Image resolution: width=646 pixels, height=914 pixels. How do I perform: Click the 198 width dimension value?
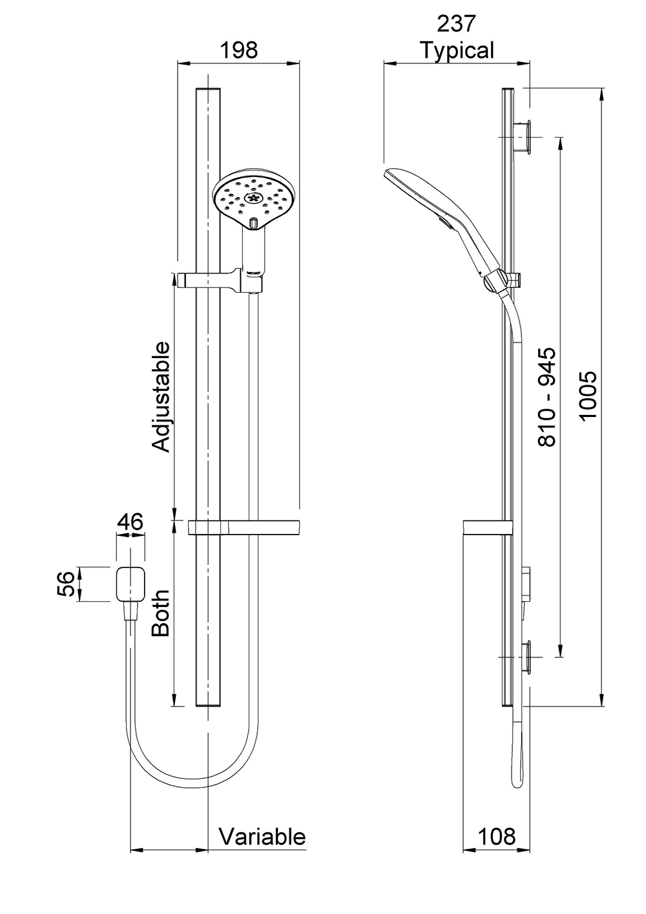tap(239, 50)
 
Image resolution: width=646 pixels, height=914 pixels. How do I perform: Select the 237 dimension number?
tap(457, 24)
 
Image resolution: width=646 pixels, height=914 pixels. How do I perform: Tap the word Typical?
tap(457, 50)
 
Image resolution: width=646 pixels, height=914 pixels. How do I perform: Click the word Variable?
tap(262, 836)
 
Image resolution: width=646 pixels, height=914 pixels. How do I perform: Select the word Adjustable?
tap(161, 396)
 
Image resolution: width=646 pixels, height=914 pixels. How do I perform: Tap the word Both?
tap(161, 613)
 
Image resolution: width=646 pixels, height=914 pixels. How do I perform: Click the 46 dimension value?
tap(130, 522)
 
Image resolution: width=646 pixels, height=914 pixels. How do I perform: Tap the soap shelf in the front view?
tap(244, 527)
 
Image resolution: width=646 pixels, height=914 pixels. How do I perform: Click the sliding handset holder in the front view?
tap(213, 281)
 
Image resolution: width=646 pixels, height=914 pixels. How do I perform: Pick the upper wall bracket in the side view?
tap(525, 136)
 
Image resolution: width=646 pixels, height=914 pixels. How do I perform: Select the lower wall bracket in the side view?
tap(525, 656)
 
